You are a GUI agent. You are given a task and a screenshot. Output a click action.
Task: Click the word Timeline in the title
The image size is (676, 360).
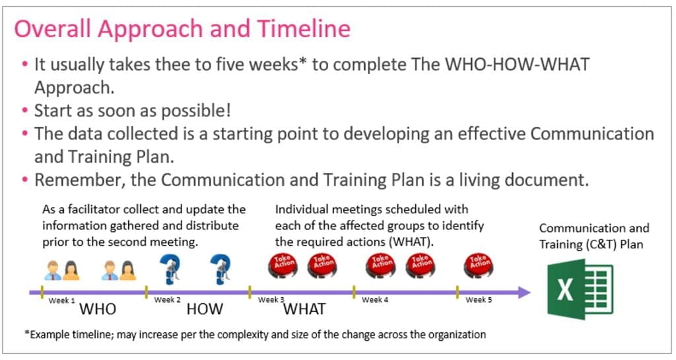pos(304,28)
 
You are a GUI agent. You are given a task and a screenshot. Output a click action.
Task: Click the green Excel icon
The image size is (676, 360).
pos(580,289)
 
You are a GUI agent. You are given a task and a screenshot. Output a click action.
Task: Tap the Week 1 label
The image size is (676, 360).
pos(61,301)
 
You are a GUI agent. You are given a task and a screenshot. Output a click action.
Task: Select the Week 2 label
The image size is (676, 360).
pos(167,300)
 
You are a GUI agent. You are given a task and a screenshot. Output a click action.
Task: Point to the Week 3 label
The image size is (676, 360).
pos(271,300)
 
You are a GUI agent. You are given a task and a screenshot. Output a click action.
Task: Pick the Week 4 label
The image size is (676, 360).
pos(375,300)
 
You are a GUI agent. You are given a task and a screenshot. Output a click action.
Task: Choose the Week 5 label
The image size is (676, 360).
pos(479,300)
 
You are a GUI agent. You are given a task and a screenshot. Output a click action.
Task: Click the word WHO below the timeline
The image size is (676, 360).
pos(98,309)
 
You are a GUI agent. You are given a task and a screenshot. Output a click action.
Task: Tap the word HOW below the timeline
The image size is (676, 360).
pos(205,309)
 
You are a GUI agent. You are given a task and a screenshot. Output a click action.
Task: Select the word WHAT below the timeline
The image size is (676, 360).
pos(304,309)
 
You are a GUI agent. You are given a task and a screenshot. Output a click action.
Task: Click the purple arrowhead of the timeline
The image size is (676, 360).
pos(524,293)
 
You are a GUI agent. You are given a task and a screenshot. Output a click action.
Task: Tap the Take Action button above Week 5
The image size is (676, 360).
pos(479,265)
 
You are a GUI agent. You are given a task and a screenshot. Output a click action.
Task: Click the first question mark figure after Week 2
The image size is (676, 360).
pos(170,269)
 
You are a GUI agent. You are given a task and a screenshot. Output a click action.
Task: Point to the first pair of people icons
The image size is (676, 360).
pos(62,270)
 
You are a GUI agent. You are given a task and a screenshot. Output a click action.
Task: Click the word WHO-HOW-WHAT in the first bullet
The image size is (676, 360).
pos(516,65)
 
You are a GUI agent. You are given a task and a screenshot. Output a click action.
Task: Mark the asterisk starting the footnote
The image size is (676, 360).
pos(27,332)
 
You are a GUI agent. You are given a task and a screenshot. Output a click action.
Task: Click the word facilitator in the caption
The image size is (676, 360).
pos(94,209)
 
